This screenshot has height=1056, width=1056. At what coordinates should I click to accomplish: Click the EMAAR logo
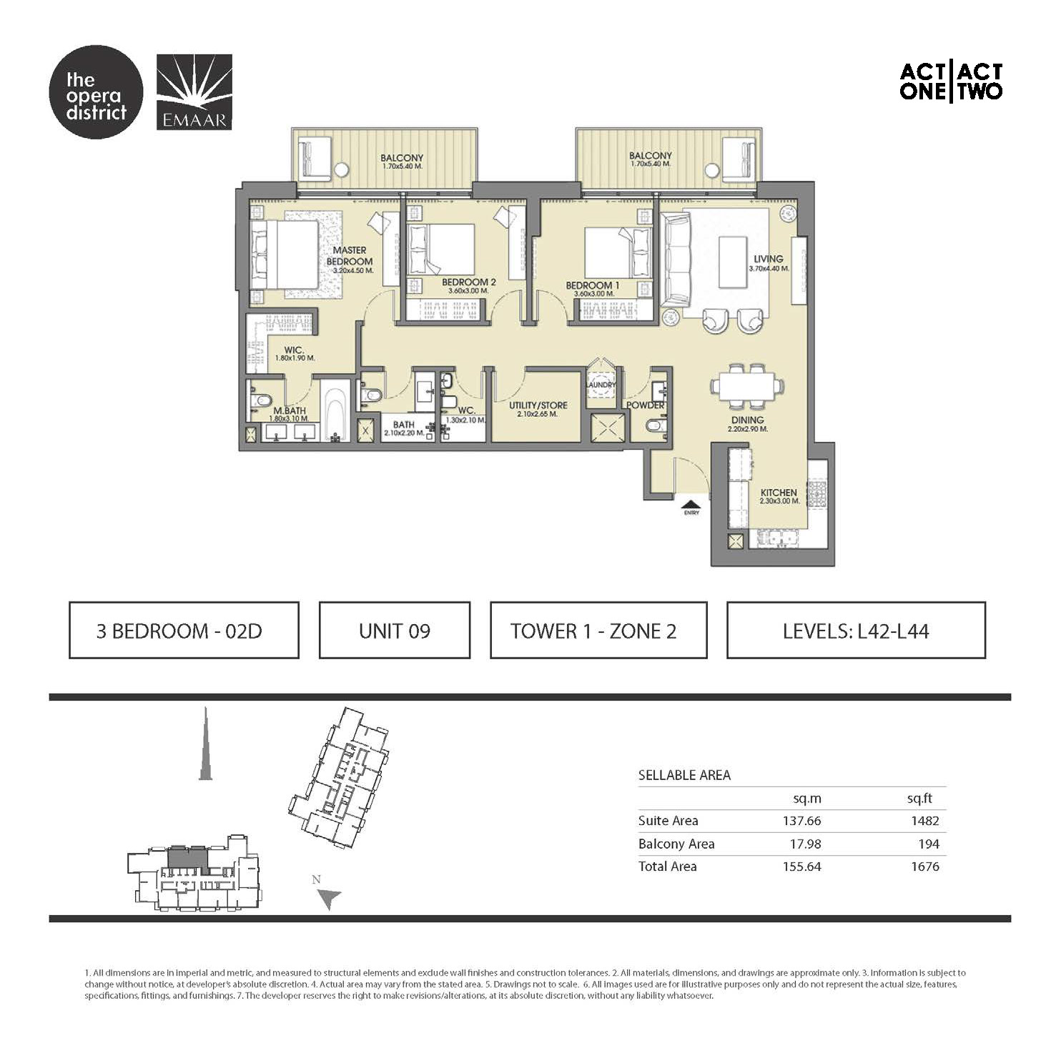tap(194, 92)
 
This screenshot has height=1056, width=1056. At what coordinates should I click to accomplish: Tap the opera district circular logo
tap(96, 92)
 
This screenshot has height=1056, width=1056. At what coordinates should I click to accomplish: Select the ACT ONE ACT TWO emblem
tap(950, 82)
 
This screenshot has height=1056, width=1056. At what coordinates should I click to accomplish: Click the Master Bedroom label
tap(349, 256)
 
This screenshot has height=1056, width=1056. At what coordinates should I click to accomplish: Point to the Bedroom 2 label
tap(468, 282)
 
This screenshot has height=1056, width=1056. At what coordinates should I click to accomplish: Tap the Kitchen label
tap(779, 493)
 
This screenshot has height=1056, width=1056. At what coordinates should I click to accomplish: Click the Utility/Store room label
tap(538, 405)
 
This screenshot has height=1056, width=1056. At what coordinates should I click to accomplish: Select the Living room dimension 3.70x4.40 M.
tap(769, 269)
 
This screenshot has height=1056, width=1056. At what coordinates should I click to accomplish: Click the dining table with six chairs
tap(746, 386)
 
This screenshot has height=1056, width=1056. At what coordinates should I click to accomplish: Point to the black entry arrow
tap(691, 503)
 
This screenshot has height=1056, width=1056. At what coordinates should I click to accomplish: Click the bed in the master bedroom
tap(285, 257)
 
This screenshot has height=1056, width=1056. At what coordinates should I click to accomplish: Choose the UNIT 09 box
tap(395, 631)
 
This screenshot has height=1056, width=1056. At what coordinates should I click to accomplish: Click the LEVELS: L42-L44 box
tap(856, 631)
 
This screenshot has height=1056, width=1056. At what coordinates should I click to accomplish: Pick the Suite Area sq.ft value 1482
tap(924, 821)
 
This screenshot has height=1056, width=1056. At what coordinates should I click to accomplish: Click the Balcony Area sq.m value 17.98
tap(805, 844)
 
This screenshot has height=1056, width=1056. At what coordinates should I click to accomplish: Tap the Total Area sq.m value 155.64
tap(801, 867)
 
